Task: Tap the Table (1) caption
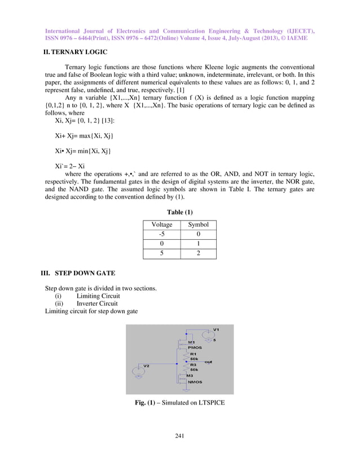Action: [179, 212]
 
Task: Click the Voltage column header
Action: [161, 225]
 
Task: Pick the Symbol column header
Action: [198, 225]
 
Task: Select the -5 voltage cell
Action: [161, 234]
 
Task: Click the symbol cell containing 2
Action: [198, 253]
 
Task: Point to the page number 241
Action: [180, 435]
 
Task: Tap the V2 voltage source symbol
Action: [139, 372]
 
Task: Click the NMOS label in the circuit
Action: [195, 382]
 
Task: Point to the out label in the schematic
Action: [208, 361]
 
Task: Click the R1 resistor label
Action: [193, 354]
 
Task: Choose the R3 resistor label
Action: [193, 364]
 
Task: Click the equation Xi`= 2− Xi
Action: [70, 166]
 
